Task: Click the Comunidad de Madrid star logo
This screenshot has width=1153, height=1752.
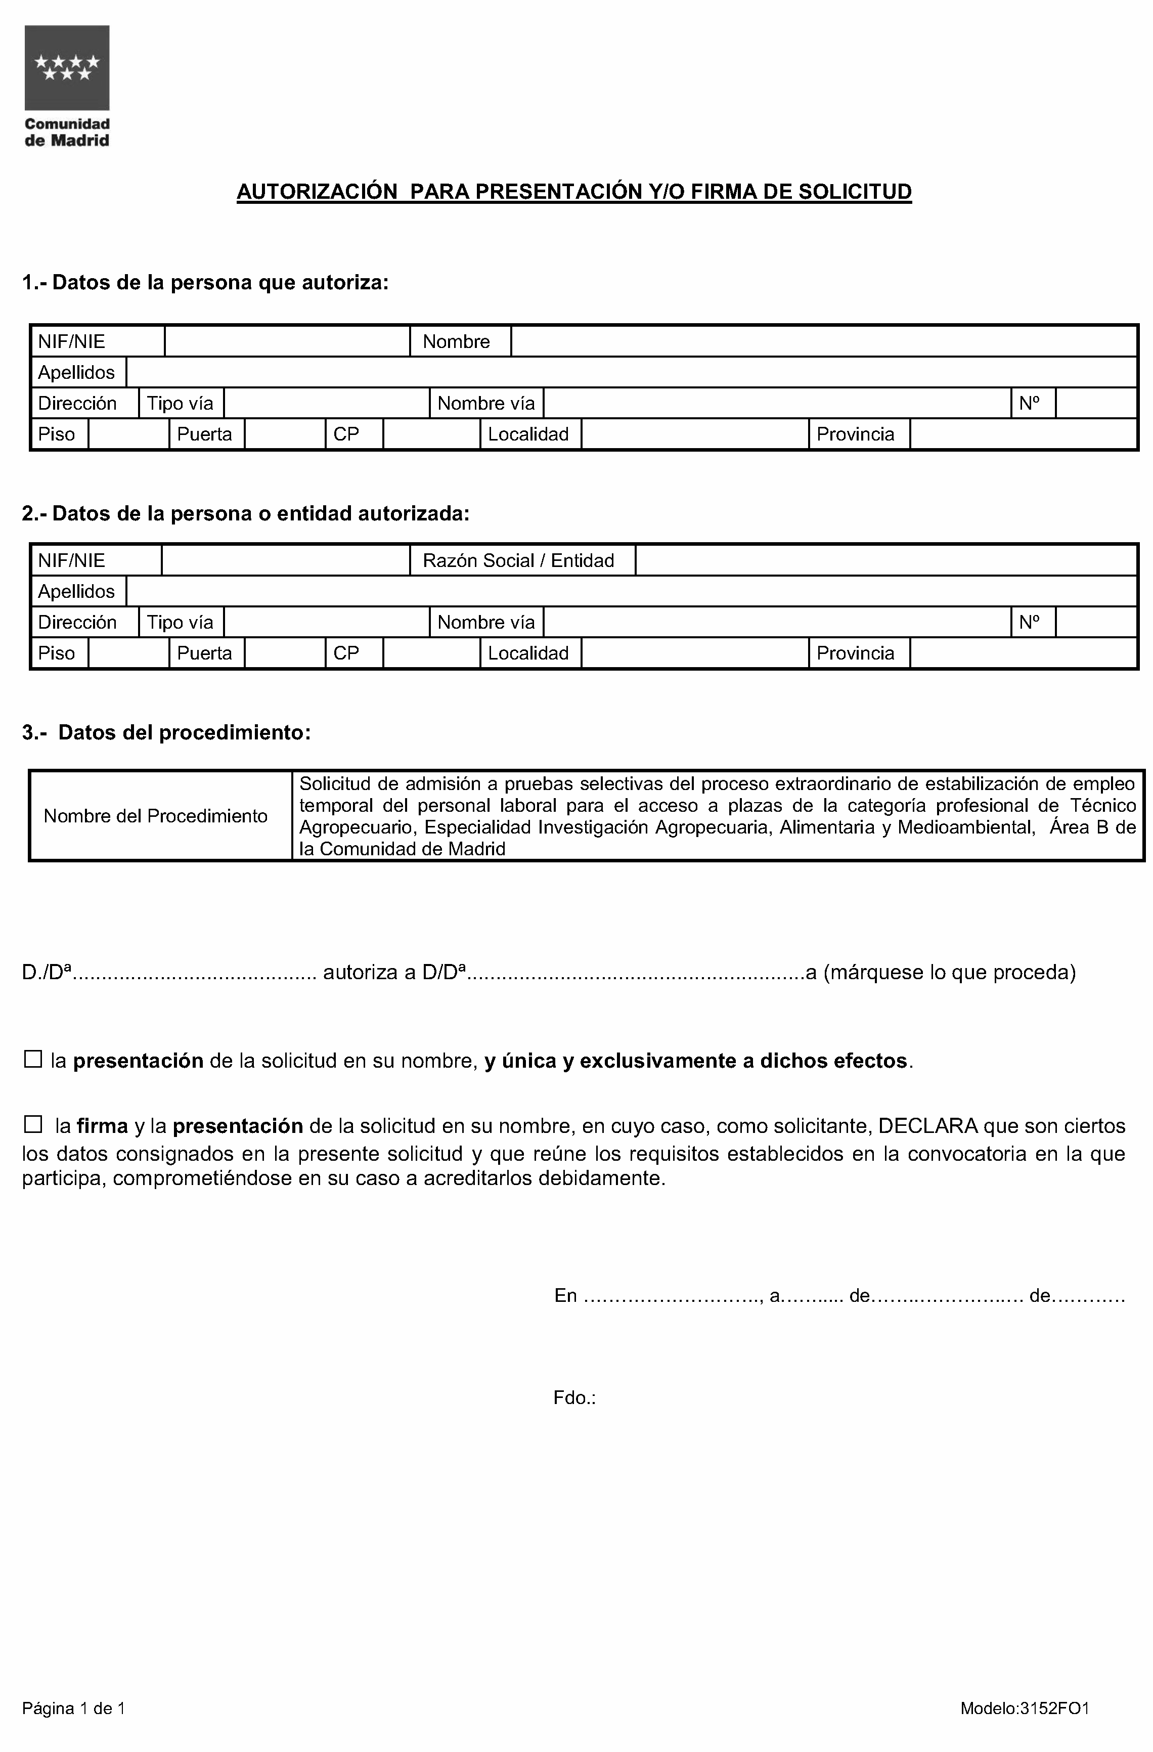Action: tap(67, 68)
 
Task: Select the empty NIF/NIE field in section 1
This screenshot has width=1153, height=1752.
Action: tap(287, 341)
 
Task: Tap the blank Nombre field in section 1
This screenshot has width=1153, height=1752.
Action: tap(824, 341)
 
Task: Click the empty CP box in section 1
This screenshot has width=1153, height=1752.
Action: tap(431, 434)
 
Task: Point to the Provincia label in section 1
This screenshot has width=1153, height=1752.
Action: tap(855, 434)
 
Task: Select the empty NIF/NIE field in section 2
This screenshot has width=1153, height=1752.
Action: tap(286, 561)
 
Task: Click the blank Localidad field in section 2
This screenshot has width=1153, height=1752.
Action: tap(695, 653)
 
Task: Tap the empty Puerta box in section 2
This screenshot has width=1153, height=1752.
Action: tap(285, 653)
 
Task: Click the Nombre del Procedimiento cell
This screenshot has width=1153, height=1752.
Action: tap(155, 816)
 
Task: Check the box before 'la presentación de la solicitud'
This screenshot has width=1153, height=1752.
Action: tap(33, 1060)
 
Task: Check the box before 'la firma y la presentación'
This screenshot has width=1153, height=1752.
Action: tap(33, 1125)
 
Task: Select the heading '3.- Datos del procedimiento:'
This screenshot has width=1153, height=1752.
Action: tap(167, 732)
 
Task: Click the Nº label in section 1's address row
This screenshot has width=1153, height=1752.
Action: tap(1029, 404)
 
